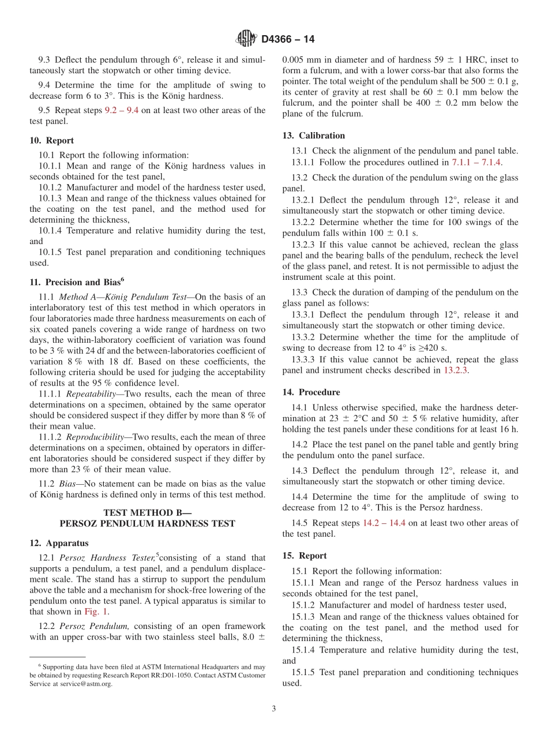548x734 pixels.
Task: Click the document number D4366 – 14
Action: (288, 40)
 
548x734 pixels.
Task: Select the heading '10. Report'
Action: (51, 140)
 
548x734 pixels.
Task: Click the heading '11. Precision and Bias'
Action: (77, 282)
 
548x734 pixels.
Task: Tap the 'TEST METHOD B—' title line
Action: (147, 512)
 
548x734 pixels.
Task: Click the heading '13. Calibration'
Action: (313, 136)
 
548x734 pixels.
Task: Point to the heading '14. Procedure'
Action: (311, 392)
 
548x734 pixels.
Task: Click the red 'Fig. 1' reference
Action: (96, 612)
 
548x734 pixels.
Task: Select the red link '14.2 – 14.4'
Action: (384, 523)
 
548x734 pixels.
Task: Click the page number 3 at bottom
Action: (274, 709)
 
